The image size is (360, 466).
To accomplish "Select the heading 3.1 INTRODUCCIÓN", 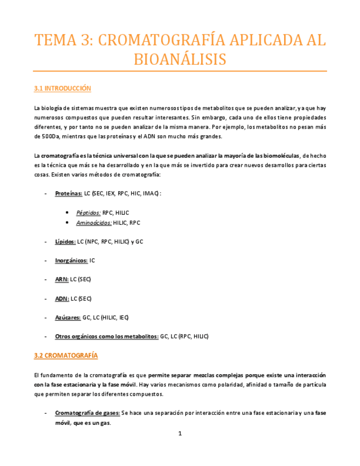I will (62, 88).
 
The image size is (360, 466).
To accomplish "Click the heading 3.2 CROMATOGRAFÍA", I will (65, 356).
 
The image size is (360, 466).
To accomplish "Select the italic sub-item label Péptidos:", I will (88, 212).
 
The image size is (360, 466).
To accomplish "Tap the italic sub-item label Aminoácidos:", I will (93, 222).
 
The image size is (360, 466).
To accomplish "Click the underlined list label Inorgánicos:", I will (71, 260).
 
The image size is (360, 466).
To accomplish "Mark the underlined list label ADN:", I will (62, 298).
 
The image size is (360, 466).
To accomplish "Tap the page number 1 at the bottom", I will (180, 434).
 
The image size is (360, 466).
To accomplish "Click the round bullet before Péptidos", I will (67, 212).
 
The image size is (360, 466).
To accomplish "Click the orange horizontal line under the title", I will (180, 71).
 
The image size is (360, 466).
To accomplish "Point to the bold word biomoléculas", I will (279, 156).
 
